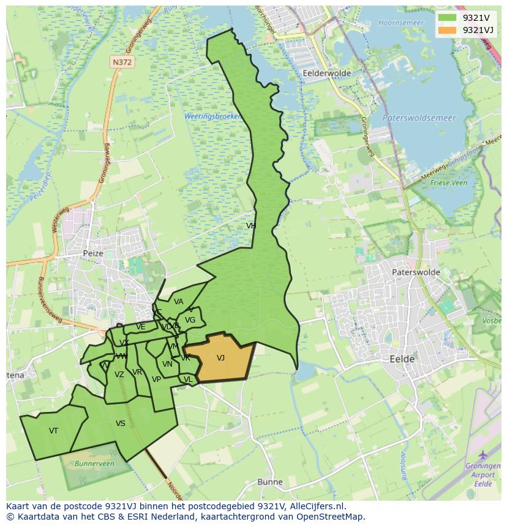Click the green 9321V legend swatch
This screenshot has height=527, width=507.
click(448, 17)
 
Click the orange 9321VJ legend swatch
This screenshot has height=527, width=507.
click(448, 30)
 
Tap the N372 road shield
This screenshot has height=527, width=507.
click(122, 62)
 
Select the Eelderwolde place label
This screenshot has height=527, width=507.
click(327, 73)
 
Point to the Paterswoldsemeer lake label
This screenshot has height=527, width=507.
click(419, 118)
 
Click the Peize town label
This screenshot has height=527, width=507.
click(94, 253)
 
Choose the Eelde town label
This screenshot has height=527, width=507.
click(402, 359)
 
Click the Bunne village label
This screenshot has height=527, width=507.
click(269, 482)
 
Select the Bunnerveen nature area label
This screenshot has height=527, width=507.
click(94, 464)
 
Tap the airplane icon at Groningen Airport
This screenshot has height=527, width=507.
click(483, 455)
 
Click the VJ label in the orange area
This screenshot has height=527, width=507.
click(220, 358)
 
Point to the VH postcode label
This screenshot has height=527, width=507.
click(251, 226)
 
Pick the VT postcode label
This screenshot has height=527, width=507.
click(54, 431)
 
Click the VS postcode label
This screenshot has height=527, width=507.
click(121, 424)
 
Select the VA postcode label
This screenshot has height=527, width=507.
click(178, 302)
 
